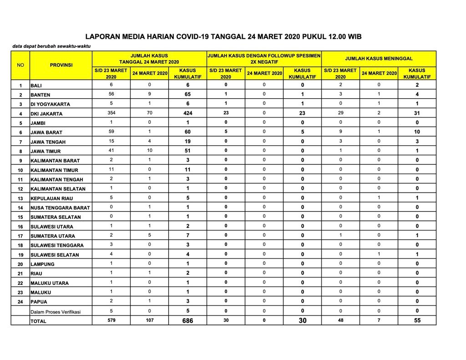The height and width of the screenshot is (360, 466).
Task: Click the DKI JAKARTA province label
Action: [x=46, y=114]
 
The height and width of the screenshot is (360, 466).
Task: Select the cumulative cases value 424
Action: [x=187, y=113]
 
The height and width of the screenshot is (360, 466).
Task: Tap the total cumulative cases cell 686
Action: [x=187, y=320]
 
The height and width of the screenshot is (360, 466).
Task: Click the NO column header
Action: [x=20, y=65]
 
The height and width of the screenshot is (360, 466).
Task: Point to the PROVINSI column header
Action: [x=61, y=65]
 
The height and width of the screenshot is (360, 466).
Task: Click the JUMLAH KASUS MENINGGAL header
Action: [x=379, y=59]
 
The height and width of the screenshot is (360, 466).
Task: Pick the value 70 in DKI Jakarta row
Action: [x=149, y=112]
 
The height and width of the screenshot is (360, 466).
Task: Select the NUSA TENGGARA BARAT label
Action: [x=60, y=208]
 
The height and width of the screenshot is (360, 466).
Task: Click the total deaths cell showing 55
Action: [x=417, y=320]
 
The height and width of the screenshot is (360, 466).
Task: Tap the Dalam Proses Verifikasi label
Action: [x=55, y=312]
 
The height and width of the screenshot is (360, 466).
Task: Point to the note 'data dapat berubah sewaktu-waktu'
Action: [x=51, y=47]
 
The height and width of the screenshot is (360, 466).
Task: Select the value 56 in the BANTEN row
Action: [x=111, y=94]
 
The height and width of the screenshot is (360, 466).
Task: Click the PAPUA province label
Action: [x=39, y=302]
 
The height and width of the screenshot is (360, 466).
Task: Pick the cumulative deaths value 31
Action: [x=417, y=113]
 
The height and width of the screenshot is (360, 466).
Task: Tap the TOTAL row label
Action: [x=38, y=321]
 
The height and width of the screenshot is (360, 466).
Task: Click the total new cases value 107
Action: [x=149, y=320]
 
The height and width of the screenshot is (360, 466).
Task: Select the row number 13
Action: [x=20, y=198]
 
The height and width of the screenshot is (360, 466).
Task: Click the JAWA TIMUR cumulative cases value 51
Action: [x=187, y=151]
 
